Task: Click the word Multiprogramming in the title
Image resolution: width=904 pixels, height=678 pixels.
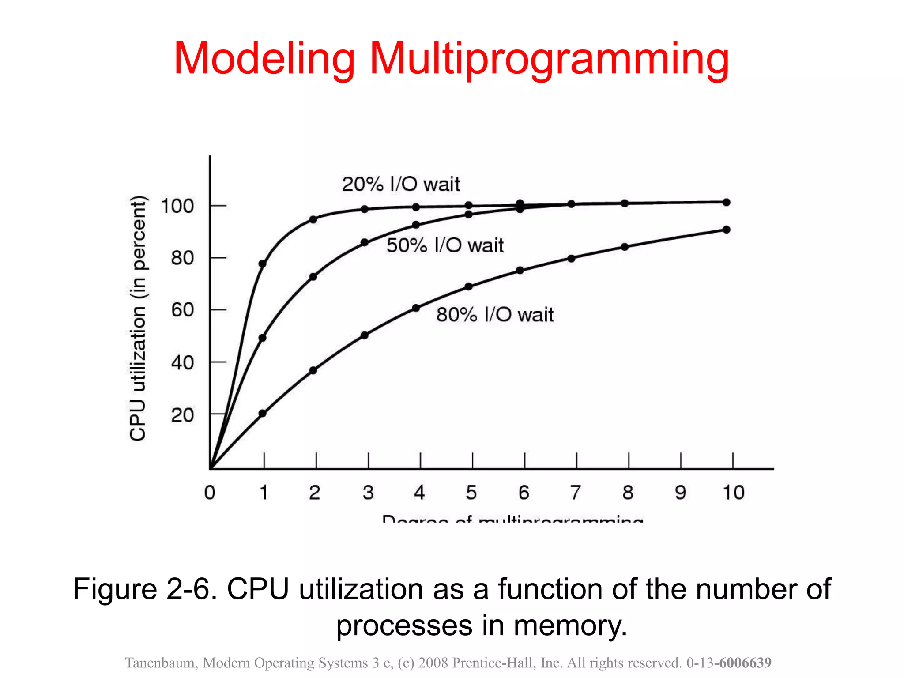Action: tap(549, 59)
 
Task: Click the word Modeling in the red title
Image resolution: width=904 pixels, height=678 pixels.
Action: tap(264, 58)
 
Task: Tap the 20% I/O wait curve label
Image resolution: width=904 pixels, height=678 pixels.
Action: tap(401, 184)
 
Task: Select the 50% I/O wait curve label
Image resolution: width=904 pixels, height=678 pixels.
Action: tap(445, 245)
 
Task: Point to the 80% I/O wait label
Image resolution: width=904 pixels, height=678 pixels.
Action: tap(495, 315)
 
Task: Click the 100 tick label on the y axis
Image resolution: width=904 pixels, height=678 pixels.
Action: tap(177, 206)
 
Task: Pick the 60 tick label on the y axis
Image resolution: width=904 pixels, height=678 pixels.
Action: tap(183, 310)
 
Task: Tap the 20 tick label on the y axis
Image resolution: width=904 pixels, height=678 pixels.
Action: tap(183, 415)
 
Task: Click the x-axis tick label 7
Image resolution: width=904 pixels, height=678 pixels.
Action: tap(576, 493)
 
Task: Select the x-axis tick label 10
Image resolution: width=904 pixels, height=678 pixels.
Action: tap(733, 493)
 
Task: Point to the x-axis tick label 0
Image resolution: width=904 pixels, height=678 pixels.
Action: tap(210, 493)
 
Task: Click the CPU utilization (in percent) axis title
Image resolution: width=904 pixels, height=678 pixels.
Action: tap(138, 318)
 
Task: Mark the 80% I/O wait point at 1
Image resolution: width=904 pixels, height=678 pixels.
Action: tap(263, 414)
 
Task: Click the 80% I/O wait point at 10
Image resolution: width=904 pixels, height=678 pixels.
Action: tap(727, 230)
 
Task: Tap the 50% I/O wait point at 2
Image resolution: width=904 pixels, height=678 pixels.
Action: tap(313, 277)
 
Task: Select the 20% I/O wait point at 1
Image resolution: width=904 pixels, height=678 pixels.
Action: tap(263, 264)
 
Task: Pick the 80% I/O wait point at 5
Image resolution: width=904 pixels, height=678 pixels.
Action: tap(469, 287)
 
